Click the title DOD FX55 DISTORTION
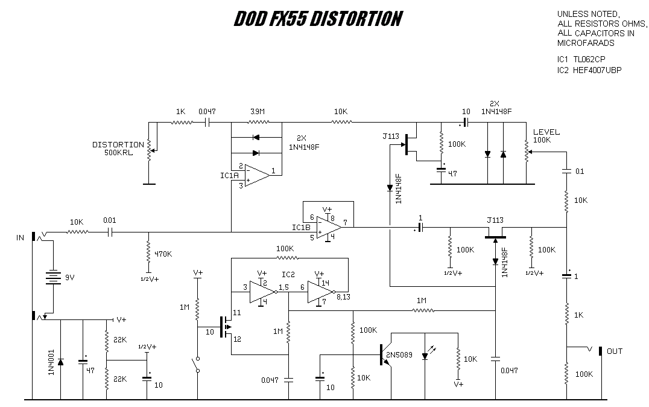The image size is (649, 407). pos(317,20)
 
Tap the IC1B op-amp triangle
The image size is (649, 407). pos(329,227)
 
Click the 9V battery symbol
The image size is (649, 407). pos(54,277)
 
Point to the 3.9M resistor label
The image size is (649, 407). pos(256,112)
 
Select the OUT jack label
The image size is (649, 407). pos(615,351)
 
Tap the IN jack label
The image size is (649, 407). pos(20,238)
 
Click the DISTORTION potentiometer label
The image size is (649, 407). pos(118,149)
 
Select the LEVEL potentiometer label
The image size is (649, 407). pos(546,136)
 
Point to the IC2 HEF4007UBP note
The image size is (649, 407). pos(589,70)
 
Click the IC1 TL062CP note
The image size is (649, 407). pos(581,59)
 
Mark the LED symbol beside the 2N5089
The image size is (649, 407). pos(426,355)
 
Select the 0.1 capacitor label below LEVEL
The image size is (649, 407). pos(579,171)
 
